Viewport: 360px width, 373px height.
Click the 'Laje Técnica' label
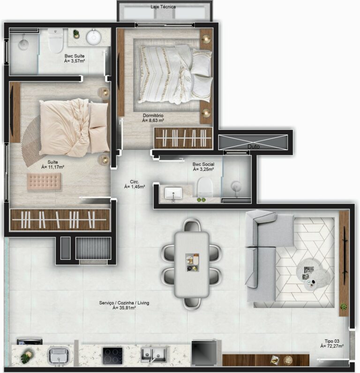[163, 7]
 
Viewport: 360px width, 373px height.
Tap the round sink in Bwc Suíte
[93, 37]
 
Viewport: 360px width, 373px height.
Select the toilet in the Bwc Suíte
[56, 41]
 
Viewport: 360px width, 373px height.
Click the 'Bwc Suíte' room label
[75, 56]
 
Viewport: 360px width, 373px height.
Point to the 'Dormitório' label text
[154, 115]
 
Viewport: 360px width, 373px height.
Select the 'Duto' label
[254, 147]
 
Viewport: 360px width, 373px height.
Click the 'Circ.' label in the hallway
[135, 181]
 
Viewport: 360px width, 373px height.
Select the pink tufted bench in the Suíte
[44, 181]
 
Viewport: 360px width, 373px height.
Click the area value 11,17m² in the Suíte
[52, 167]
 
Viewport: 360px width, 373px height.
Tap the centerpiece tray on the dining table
[192, 262]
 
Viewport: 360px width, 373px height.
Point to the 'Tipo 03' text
[331, 341]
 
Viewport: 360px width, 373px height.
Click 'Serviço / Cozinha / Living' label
[124, 303]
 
